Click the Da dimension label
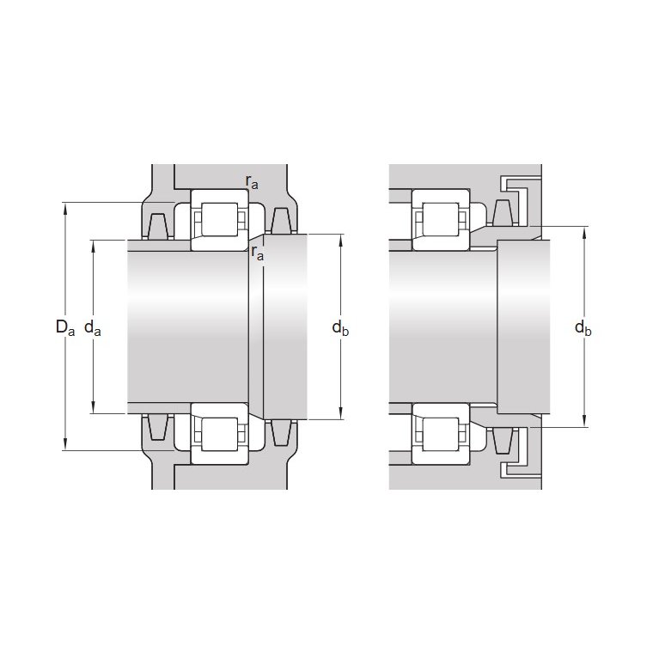point(65,327)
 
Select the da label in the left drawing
point(93,327)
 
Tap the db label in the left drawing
point(340,327)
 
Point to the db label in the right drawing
point(583,327)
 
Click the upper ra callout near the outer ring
point(252,182)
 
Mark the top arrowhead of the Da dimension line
point(65,209)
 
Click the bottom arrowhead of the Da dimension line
point(65,444)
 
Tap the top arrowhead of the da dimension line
point(94,247)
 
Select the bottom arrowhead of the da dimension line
point(94,407)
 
